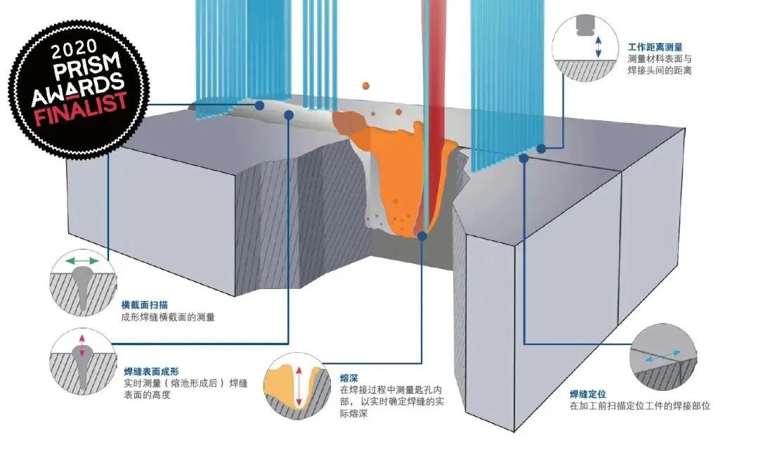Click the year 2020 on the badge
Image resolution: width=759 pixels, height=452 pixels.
[x=74, y=50]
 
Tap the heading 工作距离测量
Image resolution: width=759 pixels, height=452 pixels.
[x=655, y=47]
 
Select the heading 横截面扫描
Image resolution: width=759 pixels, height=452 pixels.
[x=145, y=305]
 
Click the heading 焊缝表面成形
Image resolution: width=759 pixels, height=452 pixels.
[x=152, y=372]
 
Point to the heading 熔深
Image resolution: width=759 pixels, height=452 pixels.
[x=349, y=378]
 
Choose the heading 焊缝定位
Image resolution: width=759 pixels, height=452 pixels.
[x=588, y=394]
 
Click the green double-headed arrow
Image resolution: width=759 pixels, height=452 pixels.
[x=82, y=261]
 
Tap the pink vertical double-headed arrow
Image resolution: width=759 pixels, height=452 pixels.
[x=82, y=346]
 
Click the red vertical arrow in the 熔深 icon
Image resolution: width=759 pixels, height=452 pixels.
[x=299, y=386]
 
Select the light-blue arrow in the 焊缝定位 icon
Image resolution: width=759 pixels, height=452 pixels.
[x=662, y=356]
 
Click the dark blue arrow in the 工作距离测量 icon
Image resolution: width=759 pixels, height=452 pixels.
[x=598, y=47]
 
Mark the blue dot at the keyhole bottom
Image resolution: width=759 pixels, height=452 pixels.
[x=422, y=236]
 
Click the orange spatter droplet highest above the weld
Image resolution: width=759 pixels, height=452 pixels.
[x=366, y=86]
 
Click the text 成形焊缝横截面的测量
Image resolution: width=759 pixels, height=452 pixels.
[x=168, y=318]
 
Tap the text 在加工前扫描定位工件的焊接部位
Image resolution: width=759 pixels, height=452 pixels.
[x=640, y=406]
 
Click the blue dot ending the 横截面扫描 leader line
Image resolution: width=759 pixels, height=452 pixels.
[x=260, y=105]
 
